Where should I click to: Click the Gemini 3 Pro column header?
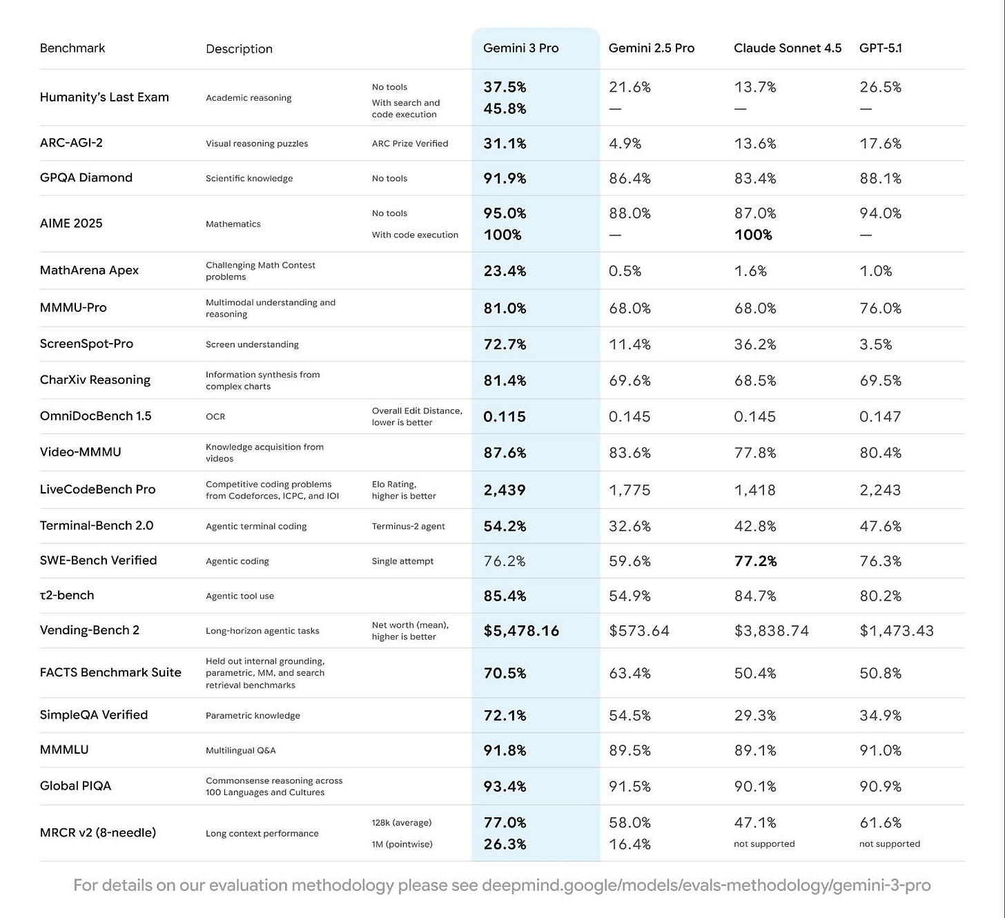[x=520, y=48]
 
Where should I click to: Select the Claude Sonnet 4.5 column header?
[x=788, y=48]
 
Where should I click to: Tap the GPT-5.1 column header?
[x=880, y=48]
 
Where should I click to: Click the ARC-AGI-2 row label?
[x=71, y=143]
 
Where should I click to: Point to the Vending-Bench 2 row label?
[x=90, y=630]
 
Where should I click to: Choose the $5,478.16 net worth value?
[x=521, y=631]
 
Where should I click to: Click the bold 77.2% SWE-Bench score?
[x=755, y=561]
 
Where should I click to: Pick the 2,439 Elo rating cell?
[x=505, y=490]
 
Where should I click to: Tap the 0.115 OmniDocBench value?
[x=505, y=417]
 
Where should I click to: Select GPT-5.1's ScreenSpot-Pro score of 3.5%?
[x=875, y=344]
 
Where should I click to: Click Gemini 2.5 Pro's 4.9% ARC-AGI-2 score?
[x=625, y=144]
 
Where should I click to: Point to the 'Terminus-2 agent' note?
[x=408, y=527]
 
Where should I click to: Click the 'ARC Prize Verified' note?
[x=410, y=144]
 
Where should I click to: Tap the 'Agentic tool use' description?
[x=240, y=596]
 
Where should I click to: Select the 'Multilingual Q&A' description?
[x=240, y=750]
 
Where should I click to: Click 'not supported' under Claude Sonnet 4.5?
[x=764, y=844]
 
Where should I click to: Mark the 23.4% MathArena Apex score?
[x=505, y=271]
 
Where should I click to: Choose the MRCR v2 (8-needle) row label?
[x=98, y=832]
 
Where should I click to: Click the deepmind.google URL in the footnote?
[x=705, y=886]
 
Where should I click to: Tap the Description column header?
[x=239, y=49]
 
